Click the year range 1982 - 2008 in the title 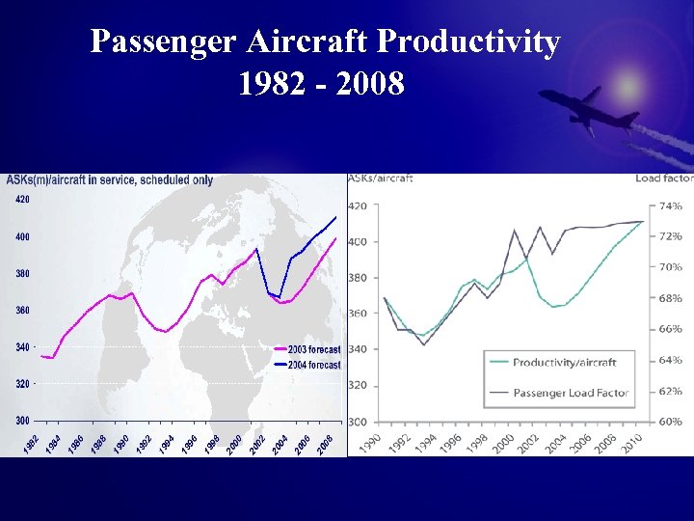pyautogui.click(x=321, y=85)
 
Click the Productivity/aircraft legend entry pyautogui.click(x=564, y=363)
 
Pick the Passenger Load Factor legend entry pyautogui.click(x=570, y=393)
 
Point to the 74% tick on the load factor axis pyautogui.click(x=670, y=206)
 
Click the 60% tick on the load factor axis pyautogui.click(x=670, y=422)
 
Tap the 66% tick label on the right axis pyautogui.click(x=670, y=329)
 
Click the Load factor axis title pyautogui.click(x=664, y=178)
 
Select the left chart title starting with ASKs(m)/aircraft pyautogui.click(x=110, y=179)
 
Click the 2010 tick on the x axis pyautogui.click(x=632, y=442)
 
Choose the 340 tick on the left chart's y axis pyautogui.click(x=21, y=346)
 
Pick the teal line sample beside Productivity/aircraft pyautogui.click(x=499, y=363)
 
